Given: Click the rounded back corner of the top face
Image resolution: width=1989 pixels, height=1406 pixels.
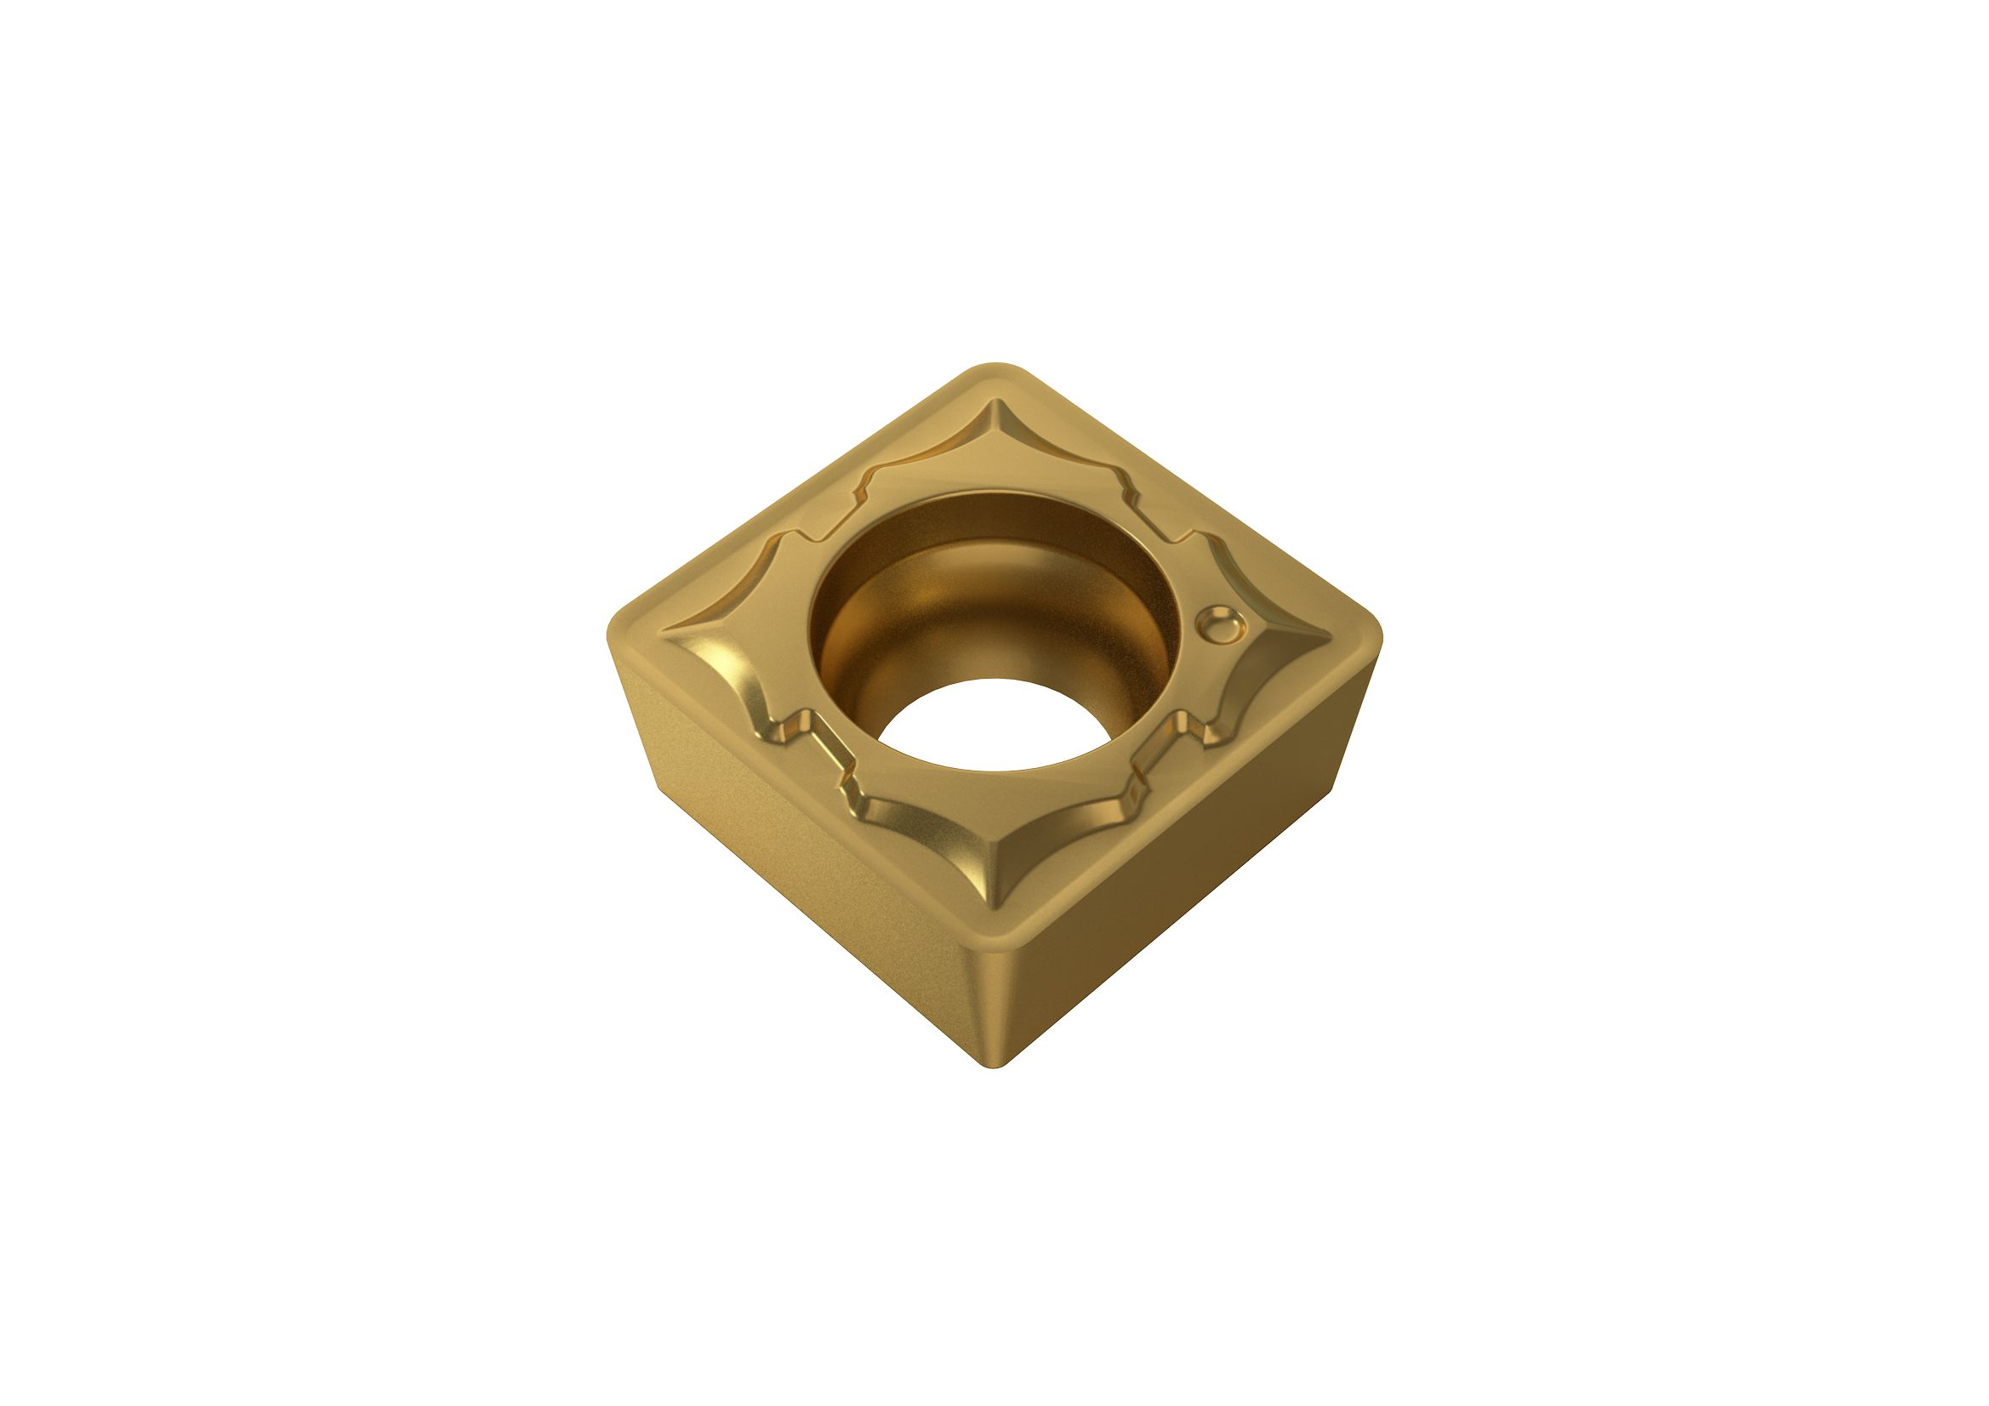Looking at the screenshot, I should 997,369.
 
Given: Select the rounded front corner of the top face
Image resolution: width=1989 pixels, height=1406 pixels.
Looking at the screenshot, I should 997,940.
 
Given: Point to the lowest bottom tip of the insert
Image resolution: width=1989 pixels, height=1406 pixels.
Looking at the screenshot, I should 997,1067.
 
